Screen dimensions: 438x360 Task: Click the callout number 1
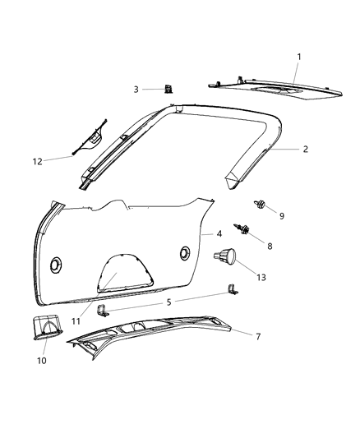(x=299, y=56)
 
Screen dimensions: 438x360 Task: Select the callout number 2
(x=306, y=150)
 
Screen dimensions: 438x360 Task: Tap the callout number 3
(x=137, y=89)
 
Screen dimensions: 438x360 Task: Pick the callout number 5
(x=168, y=302)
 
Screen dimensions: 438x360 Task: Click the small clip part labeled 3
(x=167, y=89)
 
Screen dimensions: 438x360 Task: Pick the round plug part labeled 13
(x=224, y=258)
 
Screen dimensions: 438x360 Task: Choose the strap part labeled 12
(x=92, y=137)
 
